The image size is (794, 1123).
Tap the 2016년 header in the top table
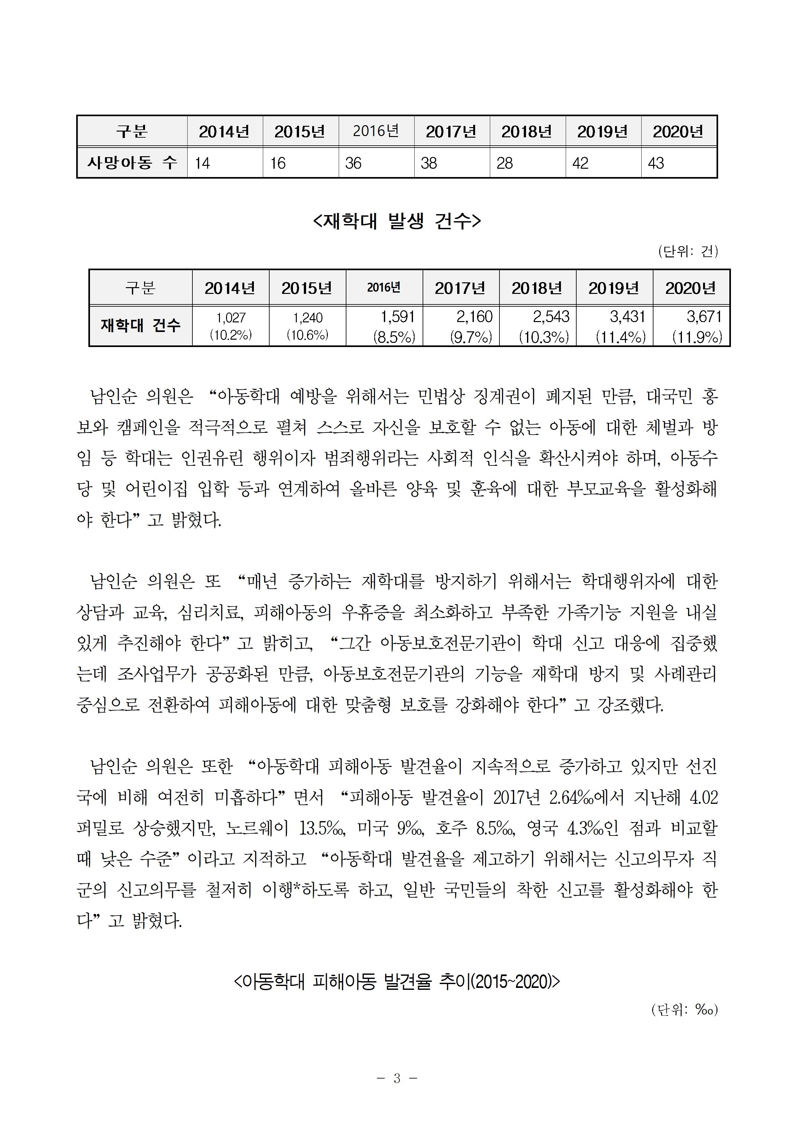coord(376,131)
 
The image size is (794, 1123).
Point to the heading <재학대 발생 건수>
coord(397,221)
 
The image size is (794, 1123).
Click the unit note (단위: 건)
coord(688,251)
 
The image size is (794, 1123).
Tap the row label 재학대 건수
coord(141,325)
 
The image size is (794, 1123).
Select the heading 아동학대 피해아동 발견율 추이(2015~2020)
coord(397,981)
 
